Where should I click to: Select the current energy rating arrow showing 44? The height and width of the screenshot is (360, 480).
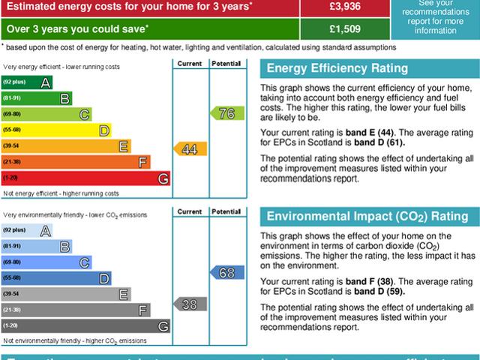click(x=188, y=148)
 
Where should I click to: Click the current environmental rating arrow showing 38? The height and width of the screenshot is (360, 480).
click(x=188, y=304)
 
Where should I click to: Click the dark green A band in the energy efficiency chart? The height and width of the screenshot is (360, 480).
click(x=27, y=82)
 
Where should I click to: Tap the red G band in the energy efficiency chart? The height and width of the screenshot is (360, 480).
click(x=85, y=178)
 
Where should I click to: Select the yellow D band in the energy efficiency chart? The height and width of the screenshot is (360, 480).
click(x=56, y=130)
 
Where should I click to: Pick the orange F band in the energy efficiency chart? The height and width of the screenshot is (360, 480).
click(x=76, y=162)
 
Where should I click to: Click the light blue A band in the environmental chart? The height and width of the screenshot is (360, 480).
click(x=27, y=230)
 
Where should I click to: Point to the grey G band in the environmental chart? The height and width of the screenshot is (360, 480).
click(x=85, y=326)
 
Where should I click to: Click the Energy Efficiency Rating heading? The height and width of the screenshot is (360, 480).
click(x=337, y=69)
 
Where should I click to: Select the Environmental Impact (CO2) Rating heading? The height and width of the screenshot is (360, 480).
click(x=367, y=217)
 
